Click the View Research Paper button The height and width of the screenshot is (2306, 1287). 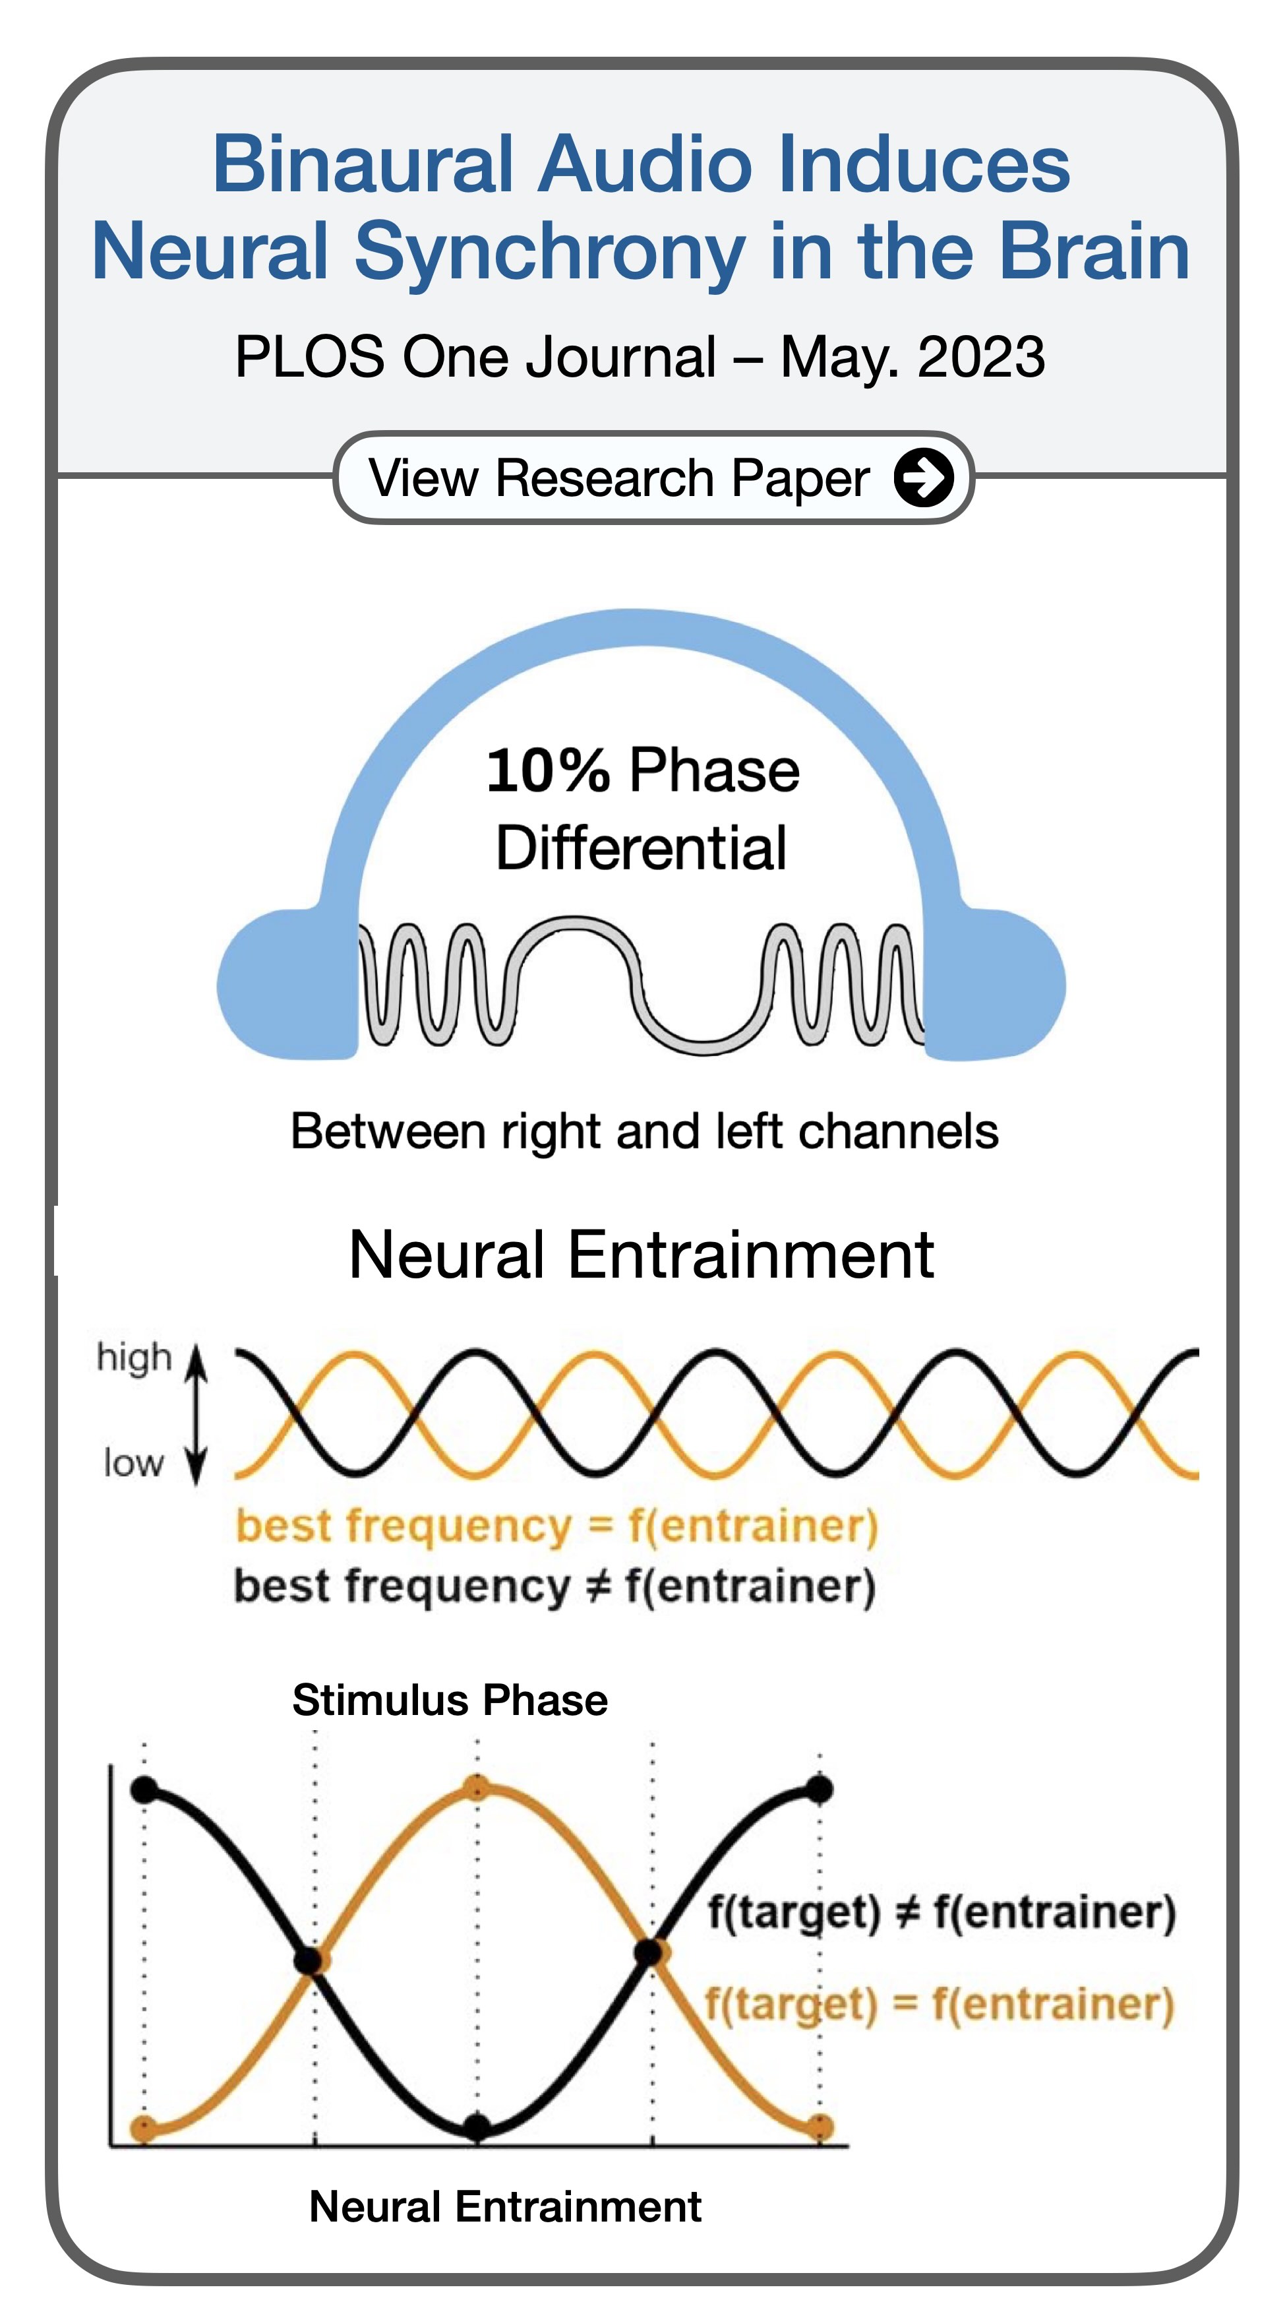(653, 477)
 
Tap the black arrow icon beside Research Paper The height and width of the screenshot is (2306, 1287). (923, 477)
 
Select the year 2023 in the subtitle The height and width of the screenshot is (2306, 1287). (981, 356)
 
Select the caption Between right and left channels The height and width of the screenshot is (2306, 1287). (644, 1131)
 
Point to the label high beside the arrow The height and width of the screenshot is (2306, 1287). (135, 1357)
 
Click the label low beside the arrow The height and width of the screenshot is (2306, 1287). (133, 1463)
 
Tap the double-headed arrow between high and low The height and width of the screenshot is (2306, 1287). (197, 1414)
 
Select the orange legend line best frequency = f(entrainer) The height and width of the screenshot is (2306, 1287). (556, 1526)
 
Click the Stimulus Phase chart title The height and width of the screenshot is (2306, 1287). (450, 1700)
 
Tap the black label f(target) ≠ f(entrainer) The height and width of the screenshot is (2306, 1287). (942, 1912)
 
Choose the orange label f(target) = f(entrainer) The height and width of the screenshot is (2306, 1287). (940, 2005)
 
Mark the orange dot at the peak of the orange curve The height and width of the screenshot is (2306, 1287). (478, 1790)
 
